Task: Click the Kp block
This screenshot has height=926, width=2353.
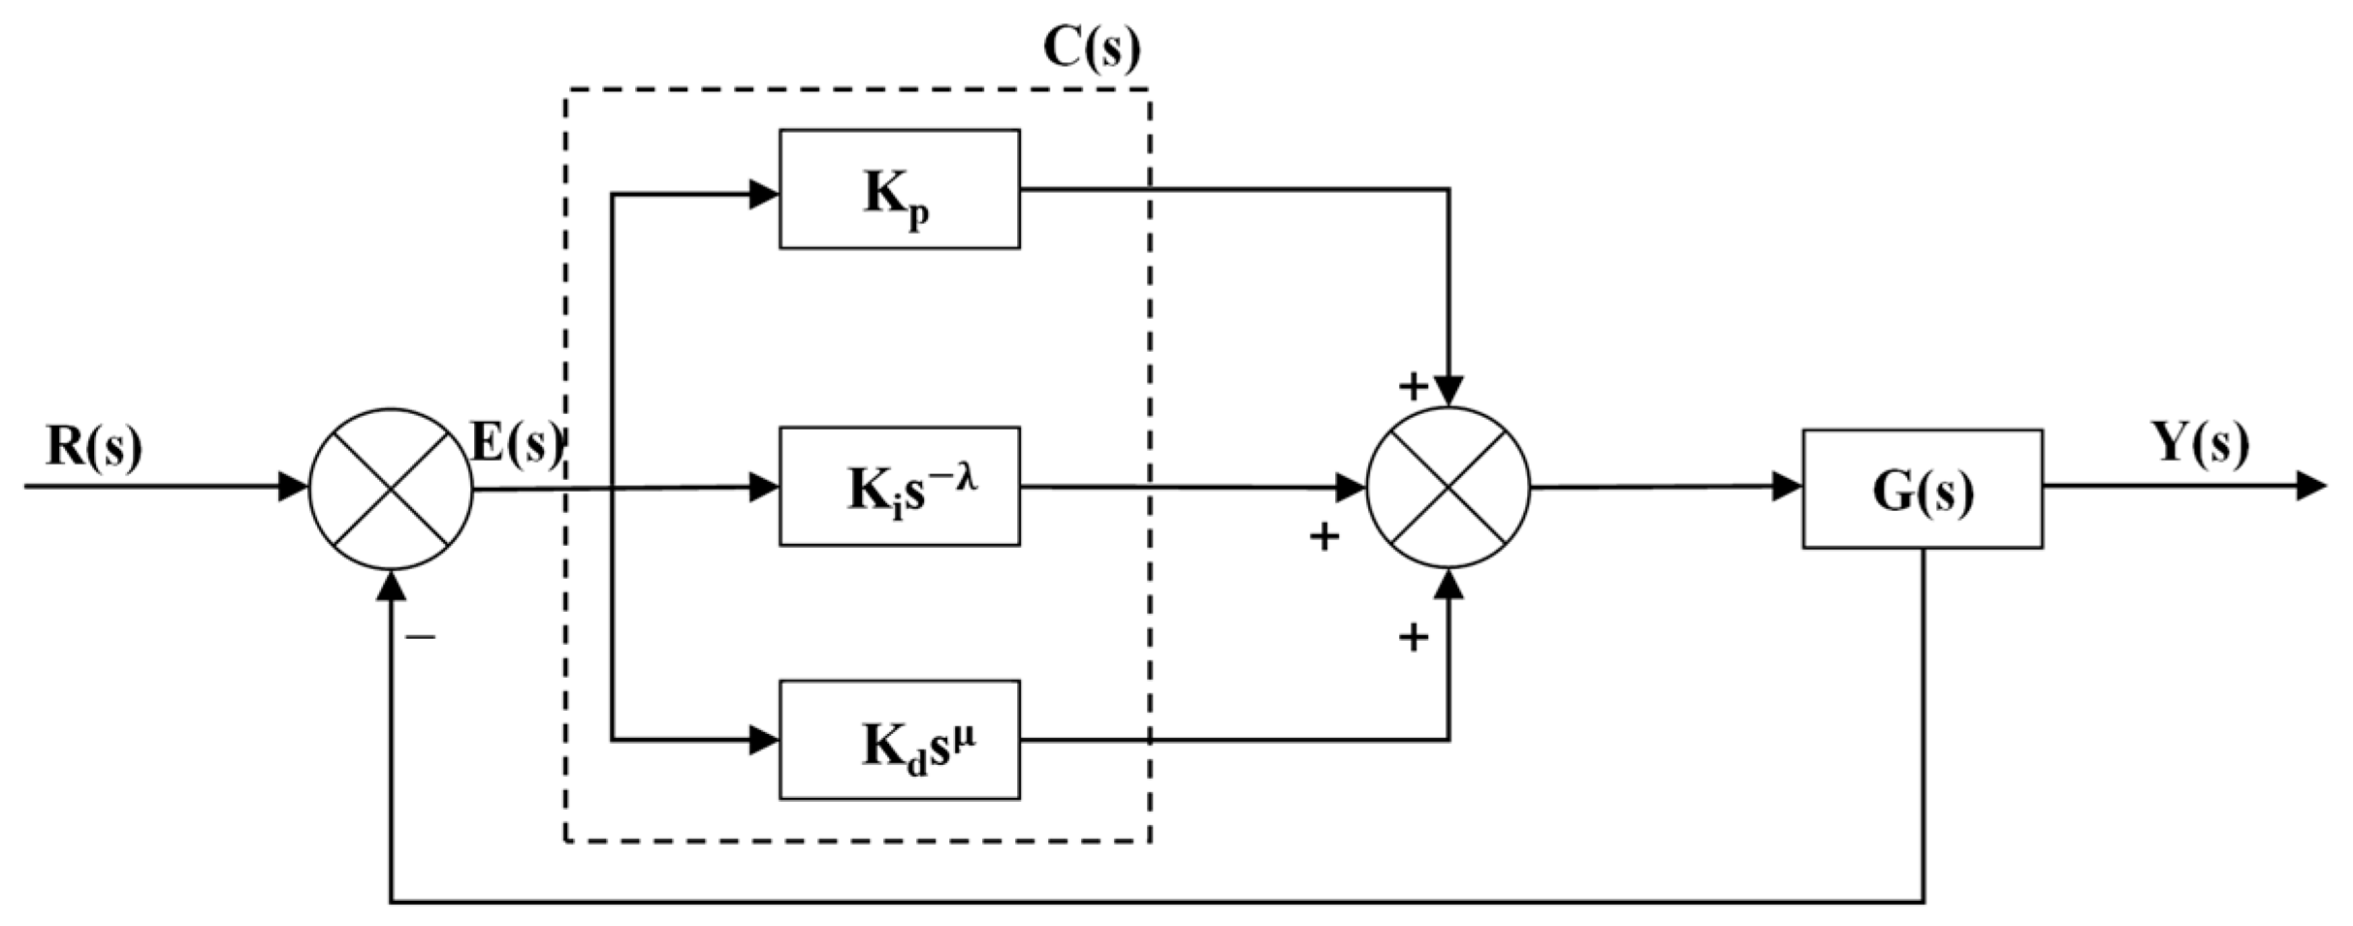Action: point(899,190)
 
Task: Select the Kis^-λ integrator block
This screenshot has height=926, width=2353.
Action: point(899,487)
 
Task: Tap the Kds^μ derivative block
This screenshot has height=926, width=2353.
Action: point(899,741)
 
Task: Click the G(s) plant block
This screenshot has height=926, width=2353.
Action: point(1922,490)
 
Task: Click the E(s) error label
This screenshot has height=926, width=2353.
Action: point(516,444)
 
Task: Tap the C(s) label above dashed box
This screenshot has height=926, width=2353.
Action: point(1092,48)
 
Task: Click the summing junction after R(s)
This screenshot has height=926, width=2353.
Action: point(391,489)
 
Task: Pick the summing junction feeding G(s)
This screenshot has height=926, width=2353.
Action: point(1447,488)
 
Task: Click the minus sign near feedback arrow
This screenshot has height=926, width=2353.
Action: point(421,637)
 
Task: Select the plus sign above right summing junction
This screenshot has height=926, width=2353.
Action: point(1413,387)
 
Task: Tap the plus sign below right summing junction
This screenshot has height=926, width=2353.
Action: point(1413,637)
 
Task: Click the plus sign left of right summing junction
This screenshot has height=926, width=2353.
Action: point(1324,536)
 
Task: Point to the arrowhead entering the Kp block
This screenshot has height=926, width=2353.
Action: point(764,194)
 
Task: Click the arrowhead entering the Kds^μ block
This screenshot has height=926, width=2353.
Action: point(764,741)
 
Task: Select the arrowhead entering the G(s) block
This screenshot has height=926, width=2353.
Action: point(1787,487)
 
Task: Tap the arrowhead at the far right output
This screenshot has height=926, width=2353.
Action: point(2311,486)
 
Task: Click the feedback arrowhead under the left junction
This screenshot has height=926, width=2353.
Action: point(391,586)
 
